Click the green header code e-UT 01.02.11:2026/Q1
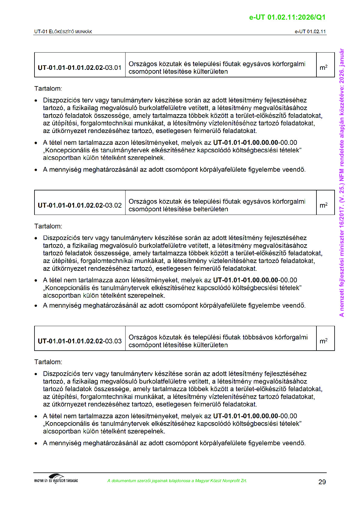tap(287, 17)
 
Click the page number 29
tap(322, 482)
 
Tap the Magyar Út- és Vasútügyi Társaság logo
tap(56, 479)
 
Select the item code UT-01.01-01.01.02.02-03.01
tap(80, 68)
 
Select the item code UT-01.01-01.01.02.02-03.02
tap(80, 205)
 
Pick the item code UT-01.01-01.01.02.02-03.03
tap(80, 341)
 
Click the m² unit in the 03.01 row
tap(323, 68)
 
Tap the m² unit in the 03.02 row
tap(323, 205)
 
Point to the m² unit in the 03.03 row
tap(323, 341)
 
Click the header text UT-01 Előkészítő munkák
tap(63, 32)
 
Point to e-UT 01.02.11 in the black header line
tap(310, 32)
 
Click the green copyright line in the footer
tap(177, 481)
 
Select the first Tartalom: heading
tap(48, 89)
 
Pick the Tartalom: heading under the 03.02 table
tap(48, 226)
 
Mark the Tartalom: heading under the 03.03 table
tap(48, 362)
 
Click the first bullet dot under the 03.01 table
tap(36, 101)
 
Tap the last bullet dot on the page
tap(36, 443)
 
